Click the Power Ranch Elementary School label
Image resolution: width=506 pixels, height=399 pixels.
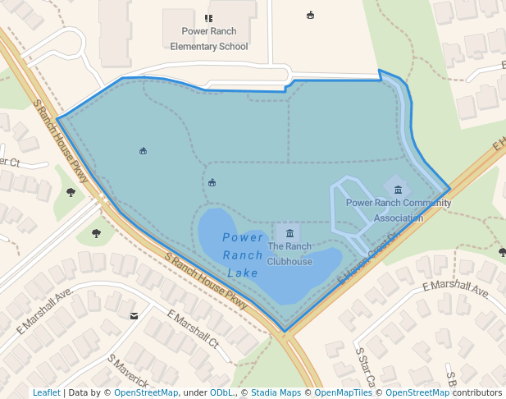[x=208, y=39]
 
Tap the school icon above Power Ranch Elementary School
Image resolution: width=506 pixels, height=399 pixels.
[x=208, y=18]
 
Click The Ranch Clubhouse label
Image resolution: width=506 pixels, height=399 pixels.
[x=289, y=254]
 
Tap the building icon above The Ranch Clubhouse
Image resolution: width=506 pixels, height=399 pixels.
[x=289, y=234]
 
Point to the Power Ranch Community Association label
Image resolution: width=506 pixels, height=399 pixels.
[x=399, y=210]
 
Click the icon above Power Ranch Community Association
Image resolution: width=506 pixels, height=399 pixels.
[x=398, y=190]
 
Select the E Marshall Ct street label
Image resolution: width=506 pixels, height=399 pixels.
[x=193, y=328]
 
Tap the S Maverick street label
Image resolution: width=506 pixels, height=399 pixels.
[x=127, y=371]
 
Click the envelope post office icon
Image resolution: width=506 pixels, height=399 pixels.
[x=134, y=315]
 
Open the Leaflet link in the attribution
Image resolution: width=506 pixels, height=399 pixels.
[x=46, y=392]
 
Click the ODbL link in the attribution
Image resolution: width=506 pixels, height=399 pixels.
[x=221, y=392]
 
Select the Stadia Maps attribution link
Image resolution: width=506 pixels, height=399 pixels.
[x=276, y=392]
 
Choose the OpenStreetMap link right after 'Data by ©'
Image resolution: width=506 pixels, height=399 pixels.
[x=146, y=392]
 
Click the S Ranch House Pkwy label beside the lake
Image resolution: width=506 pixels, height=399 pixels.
[x=206, y=281]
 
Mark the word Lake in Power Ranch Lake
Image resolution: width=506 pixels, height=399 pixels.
[x=243, y=273]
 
